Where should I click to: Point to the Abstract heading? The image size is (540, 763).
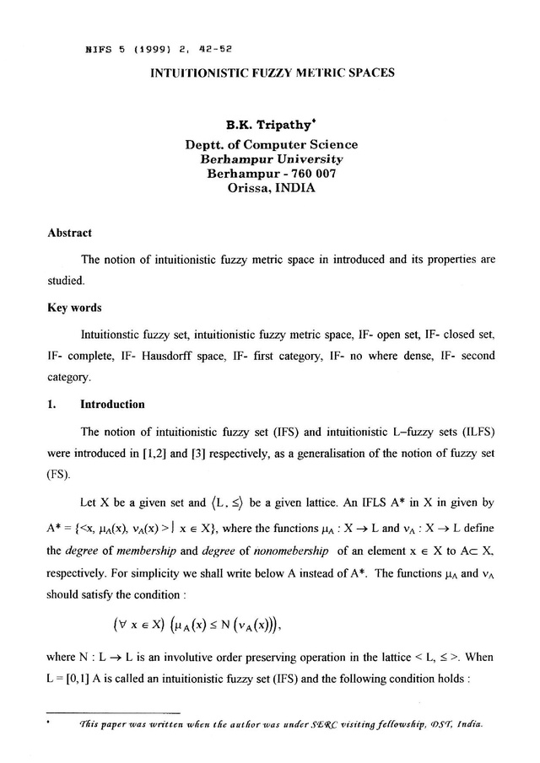[69, 233]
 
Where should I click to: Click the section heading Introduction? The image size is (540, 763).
[112, 404]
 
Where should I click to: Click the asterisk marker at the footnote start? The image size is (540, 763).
[51, 722]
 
